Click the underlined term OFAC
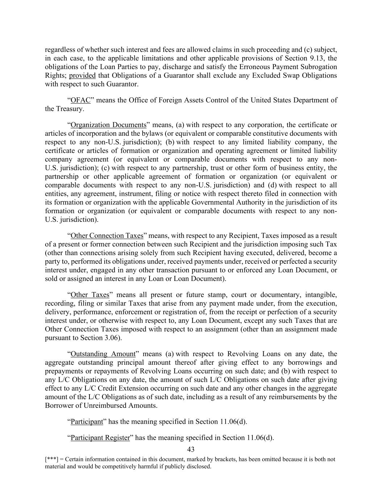coord(80,100)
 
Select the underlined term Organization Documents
coord(108,125)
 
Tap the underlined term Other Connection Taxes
coord(107,236)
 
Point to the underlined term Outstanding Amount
coord(103,354)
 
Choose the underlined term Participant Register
coord(100,438)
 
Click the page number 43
coord(191,450)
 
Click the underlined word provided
coord(82,76)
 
